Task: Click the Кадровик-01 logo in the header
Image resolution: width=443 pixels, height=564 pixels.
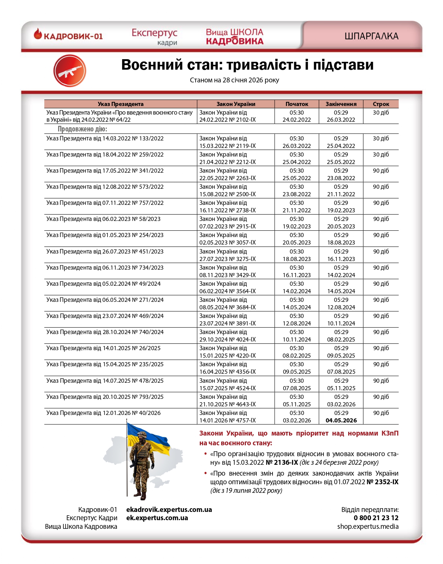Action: (68, 36)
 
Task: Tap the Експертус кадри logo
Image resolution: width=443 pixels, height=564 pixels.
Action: (154, 37)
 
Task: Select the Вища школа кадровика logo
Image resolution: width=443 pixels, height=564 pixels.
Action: (235, 37)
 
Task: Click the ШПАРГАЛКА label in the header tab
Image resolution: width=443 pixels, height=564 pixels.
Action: (371, 36)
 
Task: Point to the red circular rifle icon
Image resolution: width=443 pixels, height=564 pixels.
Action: (70, 71)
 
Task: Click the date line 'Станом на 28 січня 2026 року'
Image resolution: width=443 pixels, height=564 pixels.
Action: (234, 80)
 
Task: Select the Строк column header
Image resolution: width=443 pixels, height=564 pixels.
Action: (381, 104)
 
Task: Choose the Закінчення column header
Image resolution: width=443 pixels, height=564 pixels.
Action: (341, 104)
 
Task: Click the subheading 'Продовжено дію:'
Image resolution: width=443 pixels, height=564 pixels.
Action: (82, 129)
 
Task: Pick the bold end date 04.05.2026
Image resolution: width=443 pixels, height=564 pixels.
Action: (341, 421)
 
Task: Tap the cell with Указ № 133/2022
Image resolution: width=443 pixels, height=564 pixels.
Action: (105, 139)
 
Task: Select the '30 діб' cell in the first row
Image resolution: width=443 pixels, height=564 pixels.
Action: (381, 113)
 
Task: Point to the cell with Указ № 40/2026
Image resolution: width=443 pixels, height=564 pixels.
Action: (103, 413)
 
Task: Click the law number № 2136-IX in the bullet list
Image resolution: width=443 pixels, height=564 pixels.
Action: (281, 463)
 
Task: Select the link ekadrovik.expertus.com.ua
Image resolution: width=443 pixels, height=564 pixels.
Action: (169, 510)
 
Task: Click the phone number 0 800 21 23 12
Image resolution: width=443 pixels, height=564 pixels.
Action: (376, 518)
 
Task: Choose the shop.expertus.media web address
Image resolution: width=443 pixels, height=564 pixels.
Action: (368, 527)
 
